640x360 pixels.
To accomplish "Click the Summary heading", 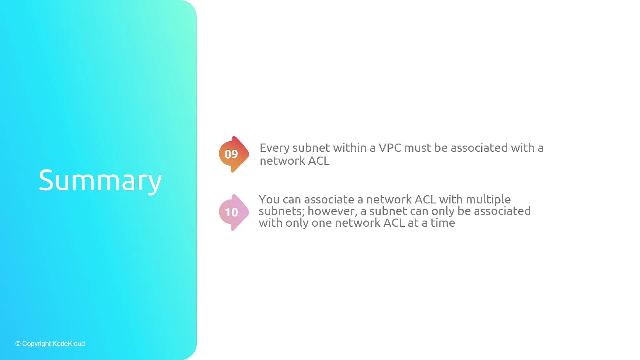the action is point(100,180).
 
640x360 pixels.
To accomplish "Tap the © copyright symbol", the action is point(18,344).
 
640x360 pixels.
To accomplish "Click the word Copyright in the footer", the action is point(37,344).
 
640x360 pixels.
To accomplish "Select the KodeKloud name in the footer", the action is point(69,344).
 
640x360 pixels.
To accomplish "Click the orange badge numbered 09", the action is point(234,154).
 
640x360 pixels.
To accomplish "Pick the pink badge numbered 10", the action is point(234,212).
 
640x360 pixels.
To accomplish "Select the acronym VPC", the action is point(390,148).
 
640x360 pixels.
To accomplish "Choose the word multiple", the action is point(488,200).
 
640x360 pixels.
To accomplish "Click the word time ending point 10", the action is point(443,223).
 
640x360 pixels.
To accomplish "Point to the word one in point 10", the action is point(322,223).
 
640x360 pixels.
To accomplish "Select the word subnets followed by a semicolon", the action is point(282,211).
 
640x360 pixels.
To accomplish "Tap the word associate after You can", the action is point(329,200).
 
